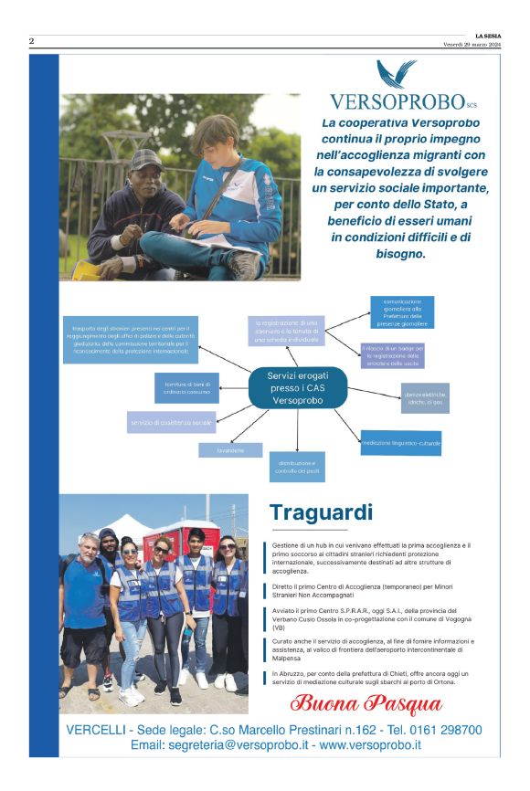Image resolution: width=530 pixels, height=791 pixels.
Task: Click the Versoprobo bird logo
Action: point(397,73)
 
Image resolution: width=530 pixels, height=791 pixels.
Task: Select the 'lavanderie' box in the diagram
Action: point(230,450)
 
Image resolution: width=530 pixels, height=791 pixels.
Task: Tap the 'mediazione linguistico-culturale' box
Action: point(400,443)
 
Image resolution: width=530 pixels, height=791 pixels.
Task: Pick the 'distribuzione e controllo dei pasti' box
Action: point(296,466)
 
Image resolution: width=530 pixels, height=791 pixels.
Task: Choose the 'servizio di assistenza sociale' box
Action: point(171,422)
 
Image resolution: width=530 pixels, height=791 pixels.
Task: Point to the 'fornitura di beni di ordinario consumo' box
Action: point(186,387)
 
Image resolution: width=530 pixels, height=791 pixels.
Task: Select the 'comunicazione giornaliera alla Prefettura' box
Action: point(402,312)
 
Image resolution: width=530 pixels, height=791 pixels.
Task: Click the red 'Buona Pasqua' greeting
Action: point(366,704)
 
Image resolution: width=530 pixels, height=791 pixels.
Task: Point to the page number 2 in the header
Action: point(31,41)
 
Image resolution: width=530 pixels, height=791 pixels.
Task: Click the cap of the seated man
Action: point(146,159)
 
